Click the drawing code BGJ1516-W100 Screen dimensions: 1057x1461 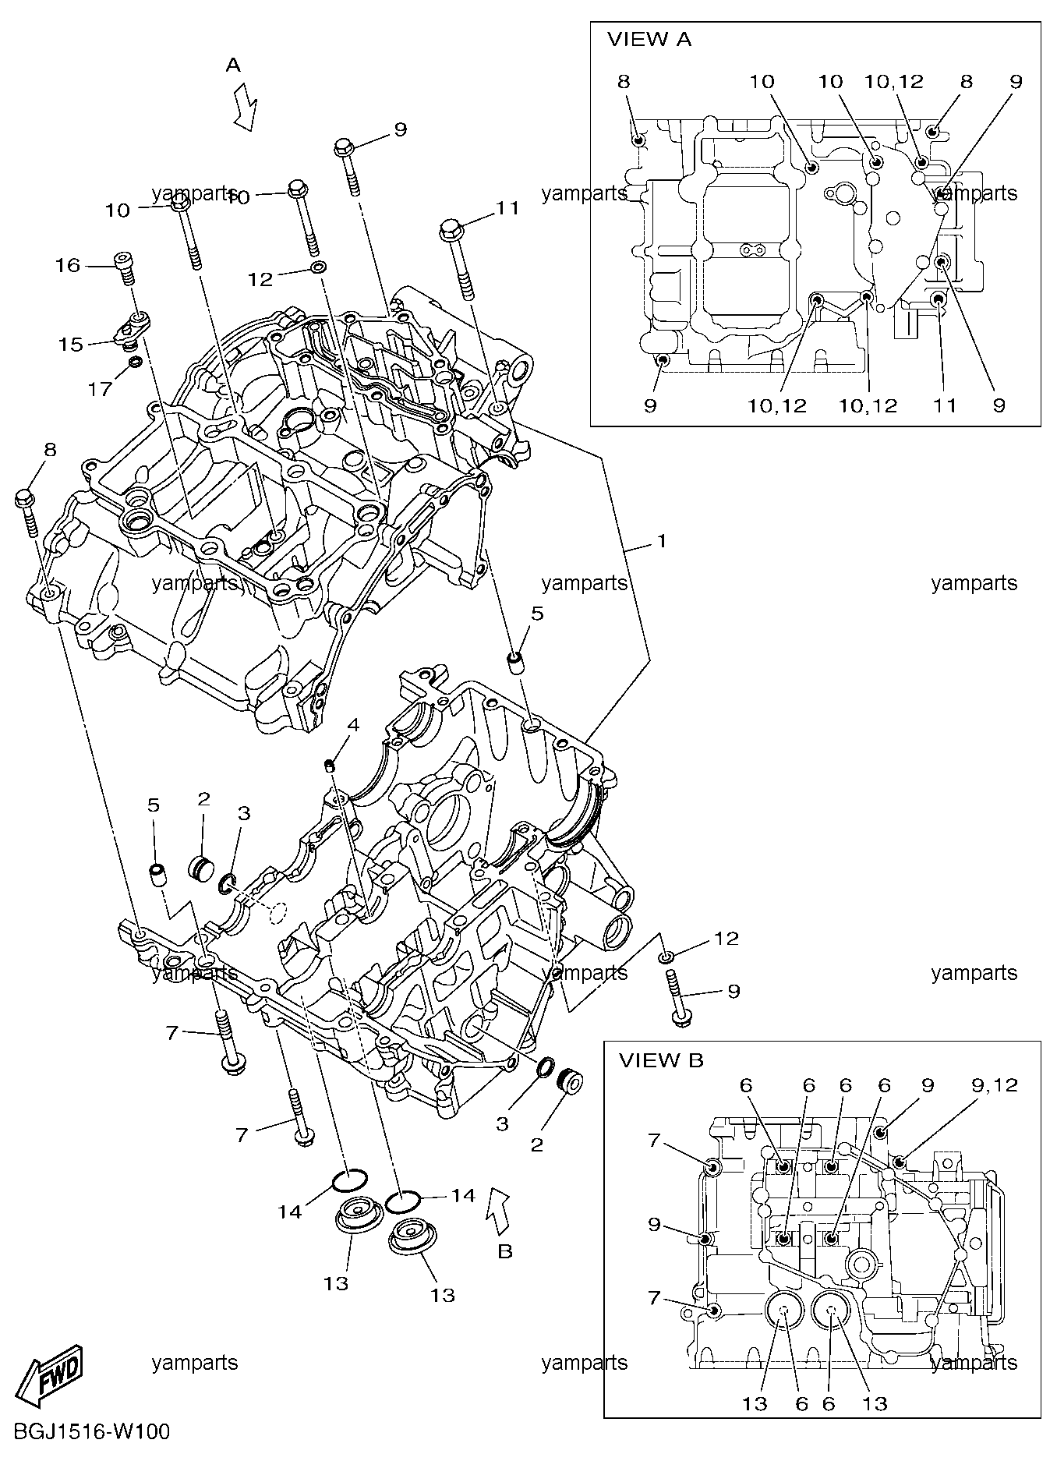[x=86, y=1433]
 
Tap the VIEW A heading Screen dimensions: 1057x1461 [x=649, y=40]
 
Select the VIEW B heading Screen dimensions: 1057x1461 [x=661, y=1060]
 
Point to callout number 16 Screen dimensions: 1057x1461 [x=68, y=266]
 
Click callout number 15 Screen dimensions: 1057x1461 [x=70, y=344]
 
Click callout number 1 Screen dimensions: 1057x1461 [x=661, y=540]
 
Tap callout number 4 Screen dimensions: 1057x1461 [x=353, y=725]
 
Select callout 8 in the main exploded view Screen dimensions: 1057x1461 [x=50, y=450]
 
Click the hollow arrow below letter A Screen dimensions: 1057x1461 [x=246, y=108]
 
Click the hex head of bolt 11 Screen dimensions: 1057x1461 [x=453, y=228]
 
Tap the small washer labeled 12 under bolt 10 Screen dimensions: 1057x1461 [x=318, y=268]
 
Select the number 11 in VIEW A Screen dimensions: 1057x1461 [x=944, y=405]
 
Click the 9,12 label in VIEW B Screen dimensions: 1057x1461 [x=995, y=1085]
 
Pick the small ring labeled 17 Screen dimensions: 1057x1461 [x=134, y=361]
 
